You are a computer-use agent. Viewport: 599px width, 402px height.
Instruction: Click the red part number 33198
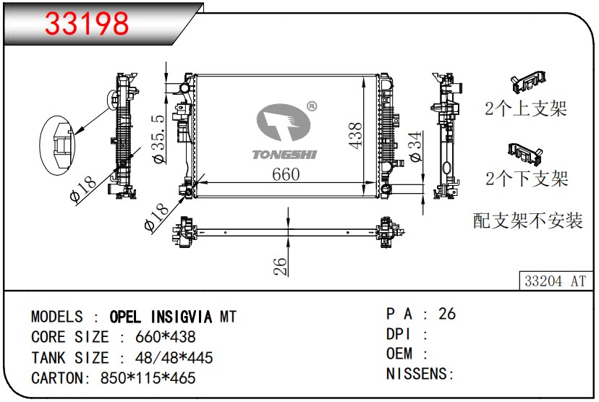tap(87, 23)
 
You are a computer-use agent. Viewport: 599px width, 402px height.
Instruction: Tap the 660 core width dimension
tap(286, 174)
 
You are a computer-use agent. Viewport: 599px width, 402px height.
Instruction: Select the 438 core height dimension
tap(356, 135)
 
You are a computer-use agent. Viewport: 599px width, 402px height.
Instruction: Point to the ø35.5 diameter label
tap(160, 139)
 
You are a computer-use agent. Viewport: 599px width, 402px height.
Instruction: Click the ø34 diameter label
tap(416, 146)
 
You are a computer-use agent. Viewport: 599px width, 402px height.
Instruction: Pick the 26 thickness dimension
tap(280, 266)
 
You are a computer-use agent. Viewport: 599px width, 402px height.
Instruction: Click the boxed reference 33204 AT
tap(555, 281)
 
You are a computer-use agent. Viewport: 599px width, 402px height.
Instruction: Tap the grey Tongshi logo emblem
tap(284, 121)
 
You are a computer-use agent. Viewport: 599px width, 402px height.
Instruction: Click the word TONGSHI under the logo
tap(284, 155)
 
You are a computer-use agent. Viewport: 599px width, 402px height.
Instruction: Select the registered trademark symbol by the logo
tap(312, 106)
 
